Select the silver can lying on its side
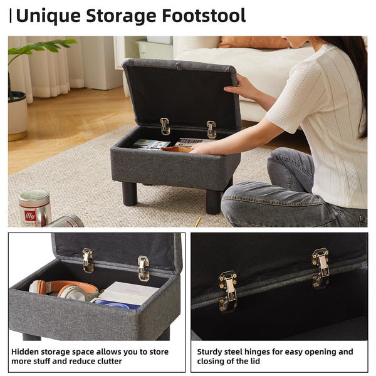(65, 221)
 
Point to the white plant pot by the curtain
(17, 116)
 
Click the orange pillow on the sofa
(251, 42)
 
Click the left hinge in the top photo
(165, 126)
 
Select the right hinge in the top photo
(211, 129)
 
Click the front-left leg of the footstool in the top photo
(130, 194)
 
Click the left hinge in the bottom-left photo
(88, 260)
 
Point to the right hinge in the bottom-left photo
(144, 268)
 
